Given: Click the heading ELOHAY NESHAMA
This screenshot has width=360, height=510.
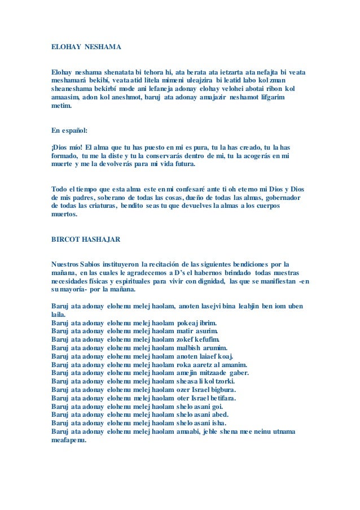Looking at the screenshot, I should click(x=86, y=46).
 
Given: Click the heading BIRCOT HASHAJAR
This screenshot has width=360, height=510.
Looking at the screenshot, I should click(x=86, y=238).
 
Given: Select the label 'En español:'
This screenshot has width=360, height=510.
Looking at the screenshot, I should click(x=69, y=130).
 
